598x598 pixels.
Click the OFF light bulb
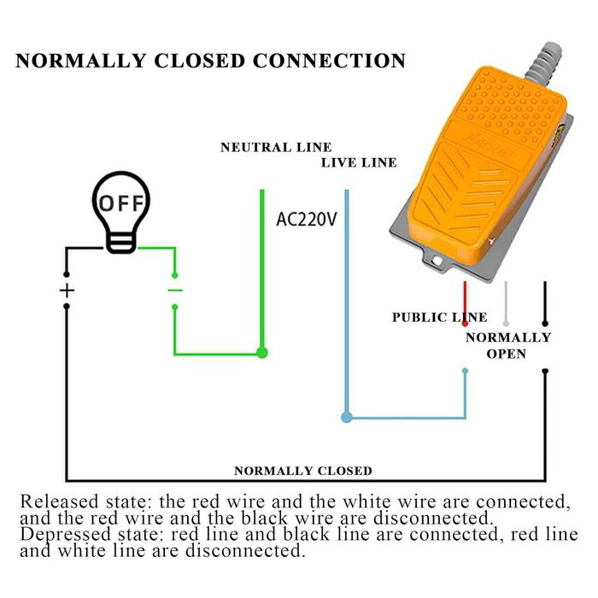(x=120, y=210)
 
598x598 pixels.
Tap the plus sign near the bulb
(x=67, y=290)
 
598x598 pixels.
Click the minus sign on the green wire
(x=175, y=290)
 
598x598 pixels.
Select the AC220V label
(x=307, y=219)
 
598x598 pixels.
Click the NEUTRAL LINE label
(x=276, y=148)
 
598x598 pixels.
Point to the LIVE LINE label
(x=359, y=162)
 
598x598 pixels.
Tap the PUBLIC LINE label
(x=439, y=317)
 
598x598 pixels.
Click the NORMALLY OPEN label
(x=507, y=345)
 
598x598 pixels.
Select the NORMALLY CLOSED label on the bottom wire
(x=303, y=471)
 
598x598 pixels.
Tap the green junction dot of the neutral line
(x=262, y=351)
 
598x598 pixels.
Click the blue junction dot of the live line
(x=346, y=418)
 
